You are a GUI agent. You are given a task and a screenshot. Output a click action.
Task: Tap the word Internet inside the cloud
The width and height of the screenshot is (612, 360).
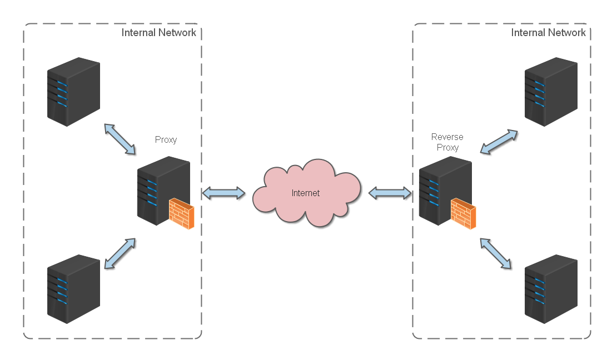click(306, 193)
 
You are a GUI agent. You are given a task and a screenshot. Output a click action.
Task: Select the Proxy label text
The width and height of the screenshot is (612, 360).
click(166, 139)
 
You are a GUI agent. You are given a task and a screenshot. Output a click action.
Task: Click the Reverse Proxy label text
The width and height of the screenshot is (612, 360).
click(447, 142)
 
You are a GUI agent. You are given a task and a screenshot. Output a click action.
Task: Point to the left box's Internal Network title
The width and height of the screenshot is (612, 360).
click(158, 33)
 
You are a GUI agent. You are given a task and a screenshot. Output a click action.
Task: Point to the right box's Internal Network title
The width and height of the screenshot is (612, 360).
click(548, 33)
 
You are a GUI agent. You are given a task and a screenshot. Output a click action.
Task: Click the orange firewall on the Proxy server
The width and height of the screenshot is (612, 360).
click(182, 214)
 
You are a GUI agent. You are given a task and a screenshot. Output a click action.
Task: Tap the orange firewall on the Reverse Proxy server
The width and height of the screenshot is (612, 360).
click(463, 214)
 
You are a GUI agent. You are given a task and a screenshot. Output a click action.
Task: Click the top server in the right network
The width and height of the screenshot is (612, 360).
click(551, 92)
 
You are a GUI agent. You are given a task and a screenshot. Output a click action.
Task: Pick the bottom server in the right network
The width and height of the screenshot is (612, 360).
click(551, 289)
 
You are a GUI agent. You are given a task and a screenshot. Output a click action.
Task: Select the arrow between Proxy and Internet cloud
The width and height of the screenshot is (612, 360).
click(223, 193)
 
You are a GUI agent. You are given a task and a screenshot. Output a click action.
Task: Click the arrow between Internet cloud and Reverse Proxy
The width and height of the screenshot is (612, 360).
click(390, 193)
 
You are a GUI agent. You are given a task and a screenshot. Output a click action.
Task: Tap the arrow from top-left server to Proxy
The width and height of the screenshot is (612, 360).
click(120, 139)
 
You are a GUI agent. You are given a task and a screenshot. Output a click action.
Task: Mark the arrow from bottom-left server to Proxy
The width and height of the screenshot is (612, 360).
click(120, 254)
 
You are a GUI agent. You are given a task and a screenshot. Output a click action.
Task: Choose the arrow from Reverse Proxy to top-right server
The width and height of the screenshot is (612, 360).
click(499, 142)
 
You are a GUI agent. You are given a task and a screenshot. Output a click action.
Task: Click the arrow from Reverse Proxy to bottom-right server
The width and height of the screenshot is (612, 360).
click(495, 254)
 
